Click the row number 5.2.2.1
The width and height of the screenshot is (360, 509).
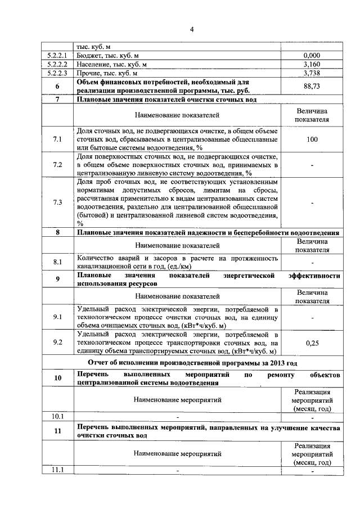[x=57, y=56]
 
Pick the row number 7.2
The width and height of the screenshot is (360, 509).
[x=57, y=165]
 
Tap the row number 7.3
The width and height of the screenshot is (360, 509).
[x=57, y=202]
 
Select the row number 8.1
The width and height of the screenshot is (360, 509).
[x=57, y=262]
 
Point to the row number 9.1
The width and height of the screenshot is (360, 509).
[x=57, y=317]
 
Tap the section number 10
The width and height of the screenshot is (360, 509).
[x=57, y=378]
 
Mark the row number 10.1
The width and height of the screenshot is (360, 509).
[x=57, y=417]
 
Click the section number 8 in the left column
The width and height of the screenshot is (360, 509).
[x=57, y=232]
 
